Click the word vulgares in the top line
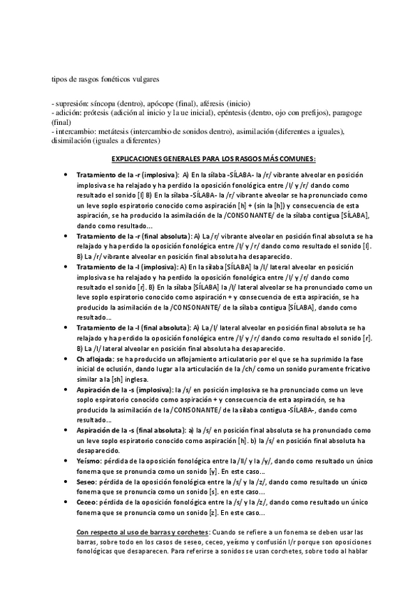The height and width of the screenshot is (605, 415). pos(145,78)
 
